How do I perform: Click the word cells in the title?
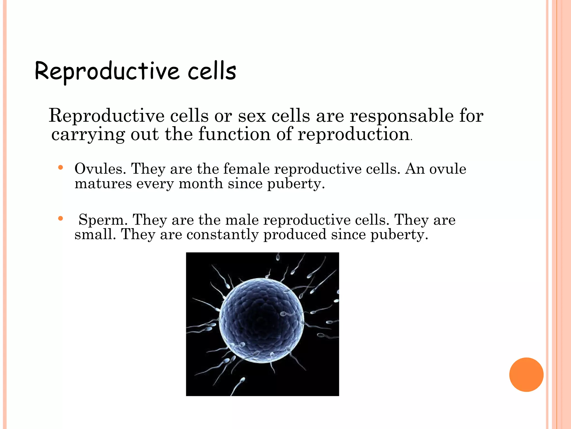pos(212,71)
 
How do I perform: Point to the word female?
pos(246,169)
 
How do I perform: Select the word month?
pos(201,184)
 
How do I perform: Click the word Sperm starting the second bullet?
pos(103,220)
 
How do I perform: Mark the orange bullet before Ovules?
pos(61,168)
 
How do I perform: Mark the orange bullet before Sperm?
pos(61,218)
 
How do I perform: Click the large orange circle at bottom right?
pos(526,375)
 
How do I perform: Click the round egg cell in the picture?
pos(261,321)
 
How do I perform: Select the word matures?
pos(103,184)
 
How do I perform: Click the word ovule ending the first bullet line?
pos(447,169)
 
